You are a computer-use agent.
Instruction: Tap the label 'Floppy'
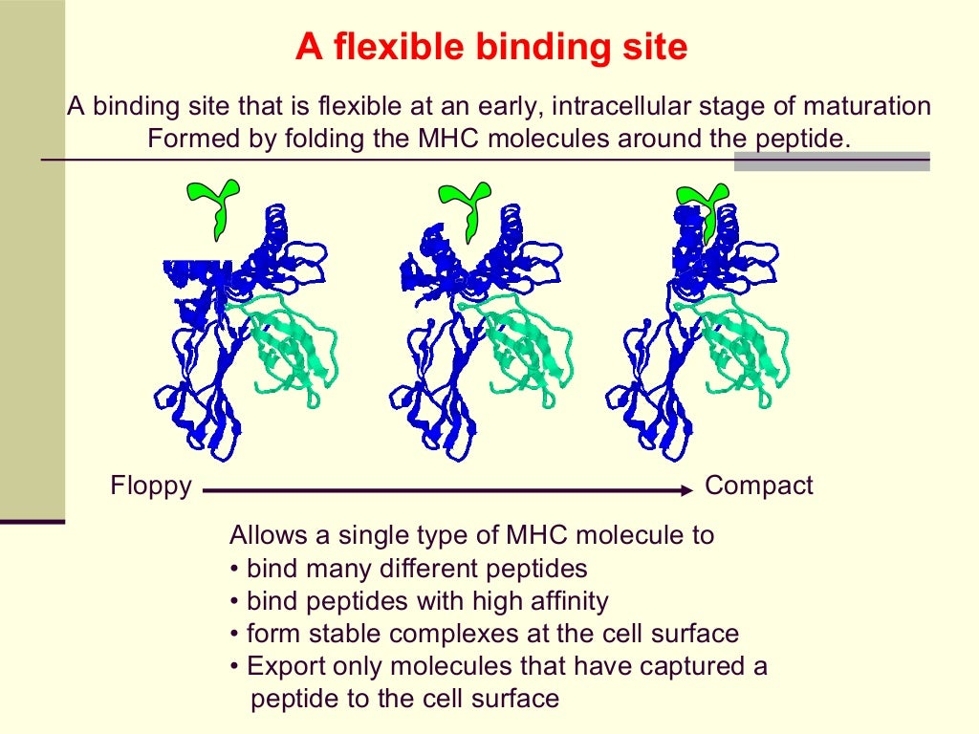tap(151, 486)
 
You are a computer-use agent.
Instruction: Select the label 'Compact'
tap(758, 486)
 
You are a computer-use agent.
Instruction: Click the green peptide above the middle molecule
tap(468, 204)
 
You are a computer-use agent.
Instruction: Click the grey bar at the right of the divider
tap(832, 161)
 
